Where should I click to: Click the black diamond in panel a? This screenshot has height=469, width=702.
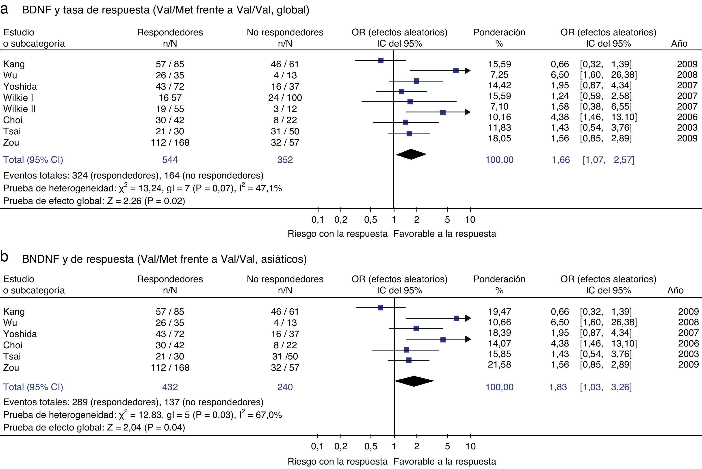[x=411, y=154]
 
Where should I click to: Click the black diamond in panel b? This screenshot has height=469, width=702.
[x=414, y=381]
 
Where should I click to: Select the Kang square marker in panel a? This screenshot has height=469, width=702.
[x=381, y=60]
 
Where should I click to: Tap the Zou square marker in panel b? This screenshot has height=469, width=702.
[x=409, y=360]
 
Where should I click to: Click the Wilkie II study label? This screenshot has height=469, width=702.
[x=19, y=109]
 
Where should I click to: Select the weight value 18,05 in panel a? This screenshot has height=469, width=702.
[x=499, y=138]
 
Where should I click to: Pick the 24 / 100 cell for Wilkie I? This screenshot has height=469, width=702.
[x=285, y=98]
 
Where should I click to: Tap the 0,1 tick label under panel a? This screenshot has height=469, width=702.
[x=317, y=220]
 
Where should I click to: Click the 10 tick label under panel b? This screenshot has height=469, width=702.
[x=470, y=446]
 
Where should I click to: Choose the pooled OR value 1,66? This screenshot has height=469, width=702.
[x=561, y=160]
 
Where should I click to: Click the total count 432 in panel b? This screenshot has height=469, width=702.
[x=170, y=387]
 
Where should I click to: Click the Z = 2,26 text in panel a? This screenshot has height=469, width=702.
[x=124, y=201]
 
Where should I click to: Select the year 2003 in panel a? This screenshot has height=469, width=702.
[x=687, y=128]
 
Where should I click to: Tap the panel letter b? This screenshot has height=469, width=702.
[x=4, y=257]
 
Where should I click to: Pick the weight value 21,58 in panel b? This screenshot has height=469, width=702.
[x=499, y=365]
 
